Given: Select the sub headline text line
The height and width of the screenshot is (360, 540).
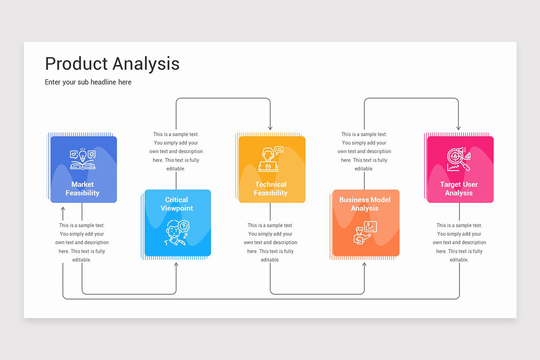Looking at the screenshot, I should click(88, 82).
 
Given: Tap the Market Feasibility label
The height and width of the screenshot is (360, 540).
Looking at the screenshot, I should click(82, 189).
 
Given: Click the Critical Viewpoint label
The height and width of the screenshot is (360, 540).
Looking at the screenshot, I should click(176, 204).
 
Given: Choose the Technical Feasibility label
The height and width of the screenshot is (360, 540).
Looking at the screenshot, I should click(270, 189).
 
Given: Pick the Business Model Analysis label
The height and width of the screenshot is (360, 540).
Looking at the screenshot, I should click(365, 204).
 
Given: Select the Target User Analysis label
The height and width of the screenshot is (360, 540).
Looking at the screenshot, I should click(459, 189).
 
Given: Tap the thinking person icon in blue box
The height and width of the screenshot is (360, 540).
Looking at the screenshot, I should click(176, 232).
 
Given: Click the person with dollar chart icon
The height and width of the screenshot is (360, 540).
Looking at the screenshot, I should click(365, 232).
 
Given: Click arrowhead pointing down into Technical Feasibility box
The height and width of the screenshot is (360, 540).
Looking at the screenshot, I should click(270, 128).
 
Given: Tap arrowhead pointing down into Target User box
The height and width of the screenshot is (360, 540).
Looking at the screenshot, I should click(459, 128).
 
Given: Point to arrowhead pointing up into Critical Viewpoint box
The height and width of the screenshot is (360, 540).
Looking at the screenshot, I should click(176, 265).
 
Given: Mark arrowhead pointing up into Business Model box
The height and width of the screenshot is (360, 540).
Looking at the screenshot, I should click(364, 265).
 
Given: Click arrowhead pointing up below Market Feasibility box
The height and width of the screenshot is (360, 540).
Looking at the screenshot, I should click(63, 210).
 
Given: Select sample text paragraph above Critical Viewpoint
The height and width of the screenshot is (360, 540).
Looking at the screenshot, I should click(176, 152).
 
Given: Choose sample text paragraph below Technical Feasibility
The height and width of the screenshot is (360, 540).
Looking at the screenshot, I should click(270, 243).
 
